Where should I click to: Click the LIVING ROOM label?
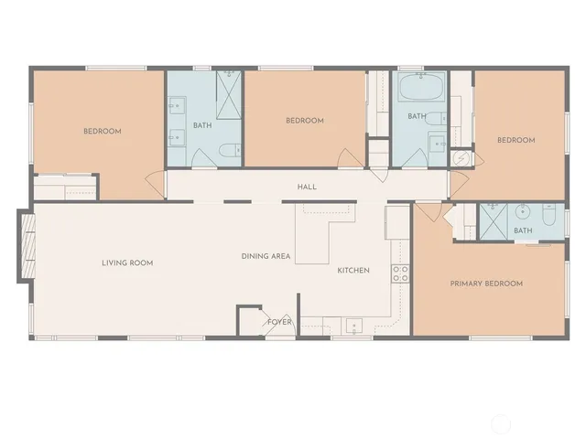click(x=127, y=263)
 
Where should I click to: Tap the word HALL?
click(x=307, y=187)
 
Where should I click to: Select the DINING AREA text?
click(x=266, y=256)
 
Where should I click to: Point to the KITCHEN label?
click(x=353, y=270)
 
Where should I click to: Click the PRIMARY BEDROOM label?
click(x=486, y=284)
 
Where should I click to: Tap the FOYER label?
click(x=279, y=322)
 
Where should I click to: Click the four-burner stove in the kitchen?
click(x=400, y=272)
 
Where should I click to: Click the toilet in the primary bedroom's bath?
click(x=548, y=215)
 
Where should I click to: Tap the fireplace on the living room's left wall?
click(x=26, y=246)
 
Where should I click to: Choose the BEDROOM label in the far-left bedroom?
click(x=103, y=132)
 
